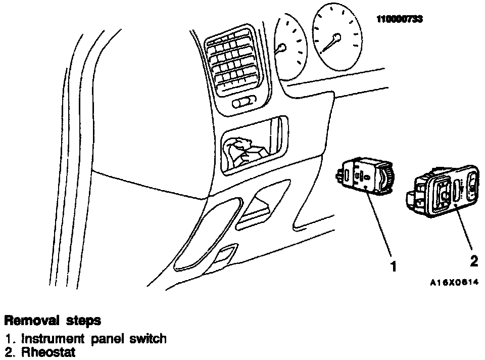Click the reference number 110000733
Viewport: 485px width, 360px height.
click(399, 19)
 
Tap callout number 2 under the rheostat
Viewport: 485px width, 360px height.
click(473, 261)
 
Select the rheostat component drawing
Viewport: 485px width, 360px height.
click(444, 192)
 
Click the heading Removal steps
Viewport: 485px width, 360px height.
click(52, 321)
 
